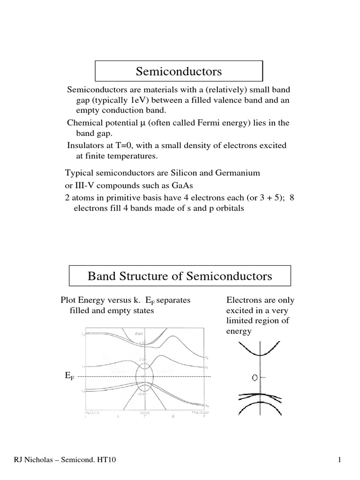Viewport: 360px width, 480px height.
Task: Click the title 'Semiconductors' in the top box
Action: coord(179,71)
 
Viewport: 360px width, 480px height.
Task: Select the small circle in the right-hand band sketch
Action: coord(255,377)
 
